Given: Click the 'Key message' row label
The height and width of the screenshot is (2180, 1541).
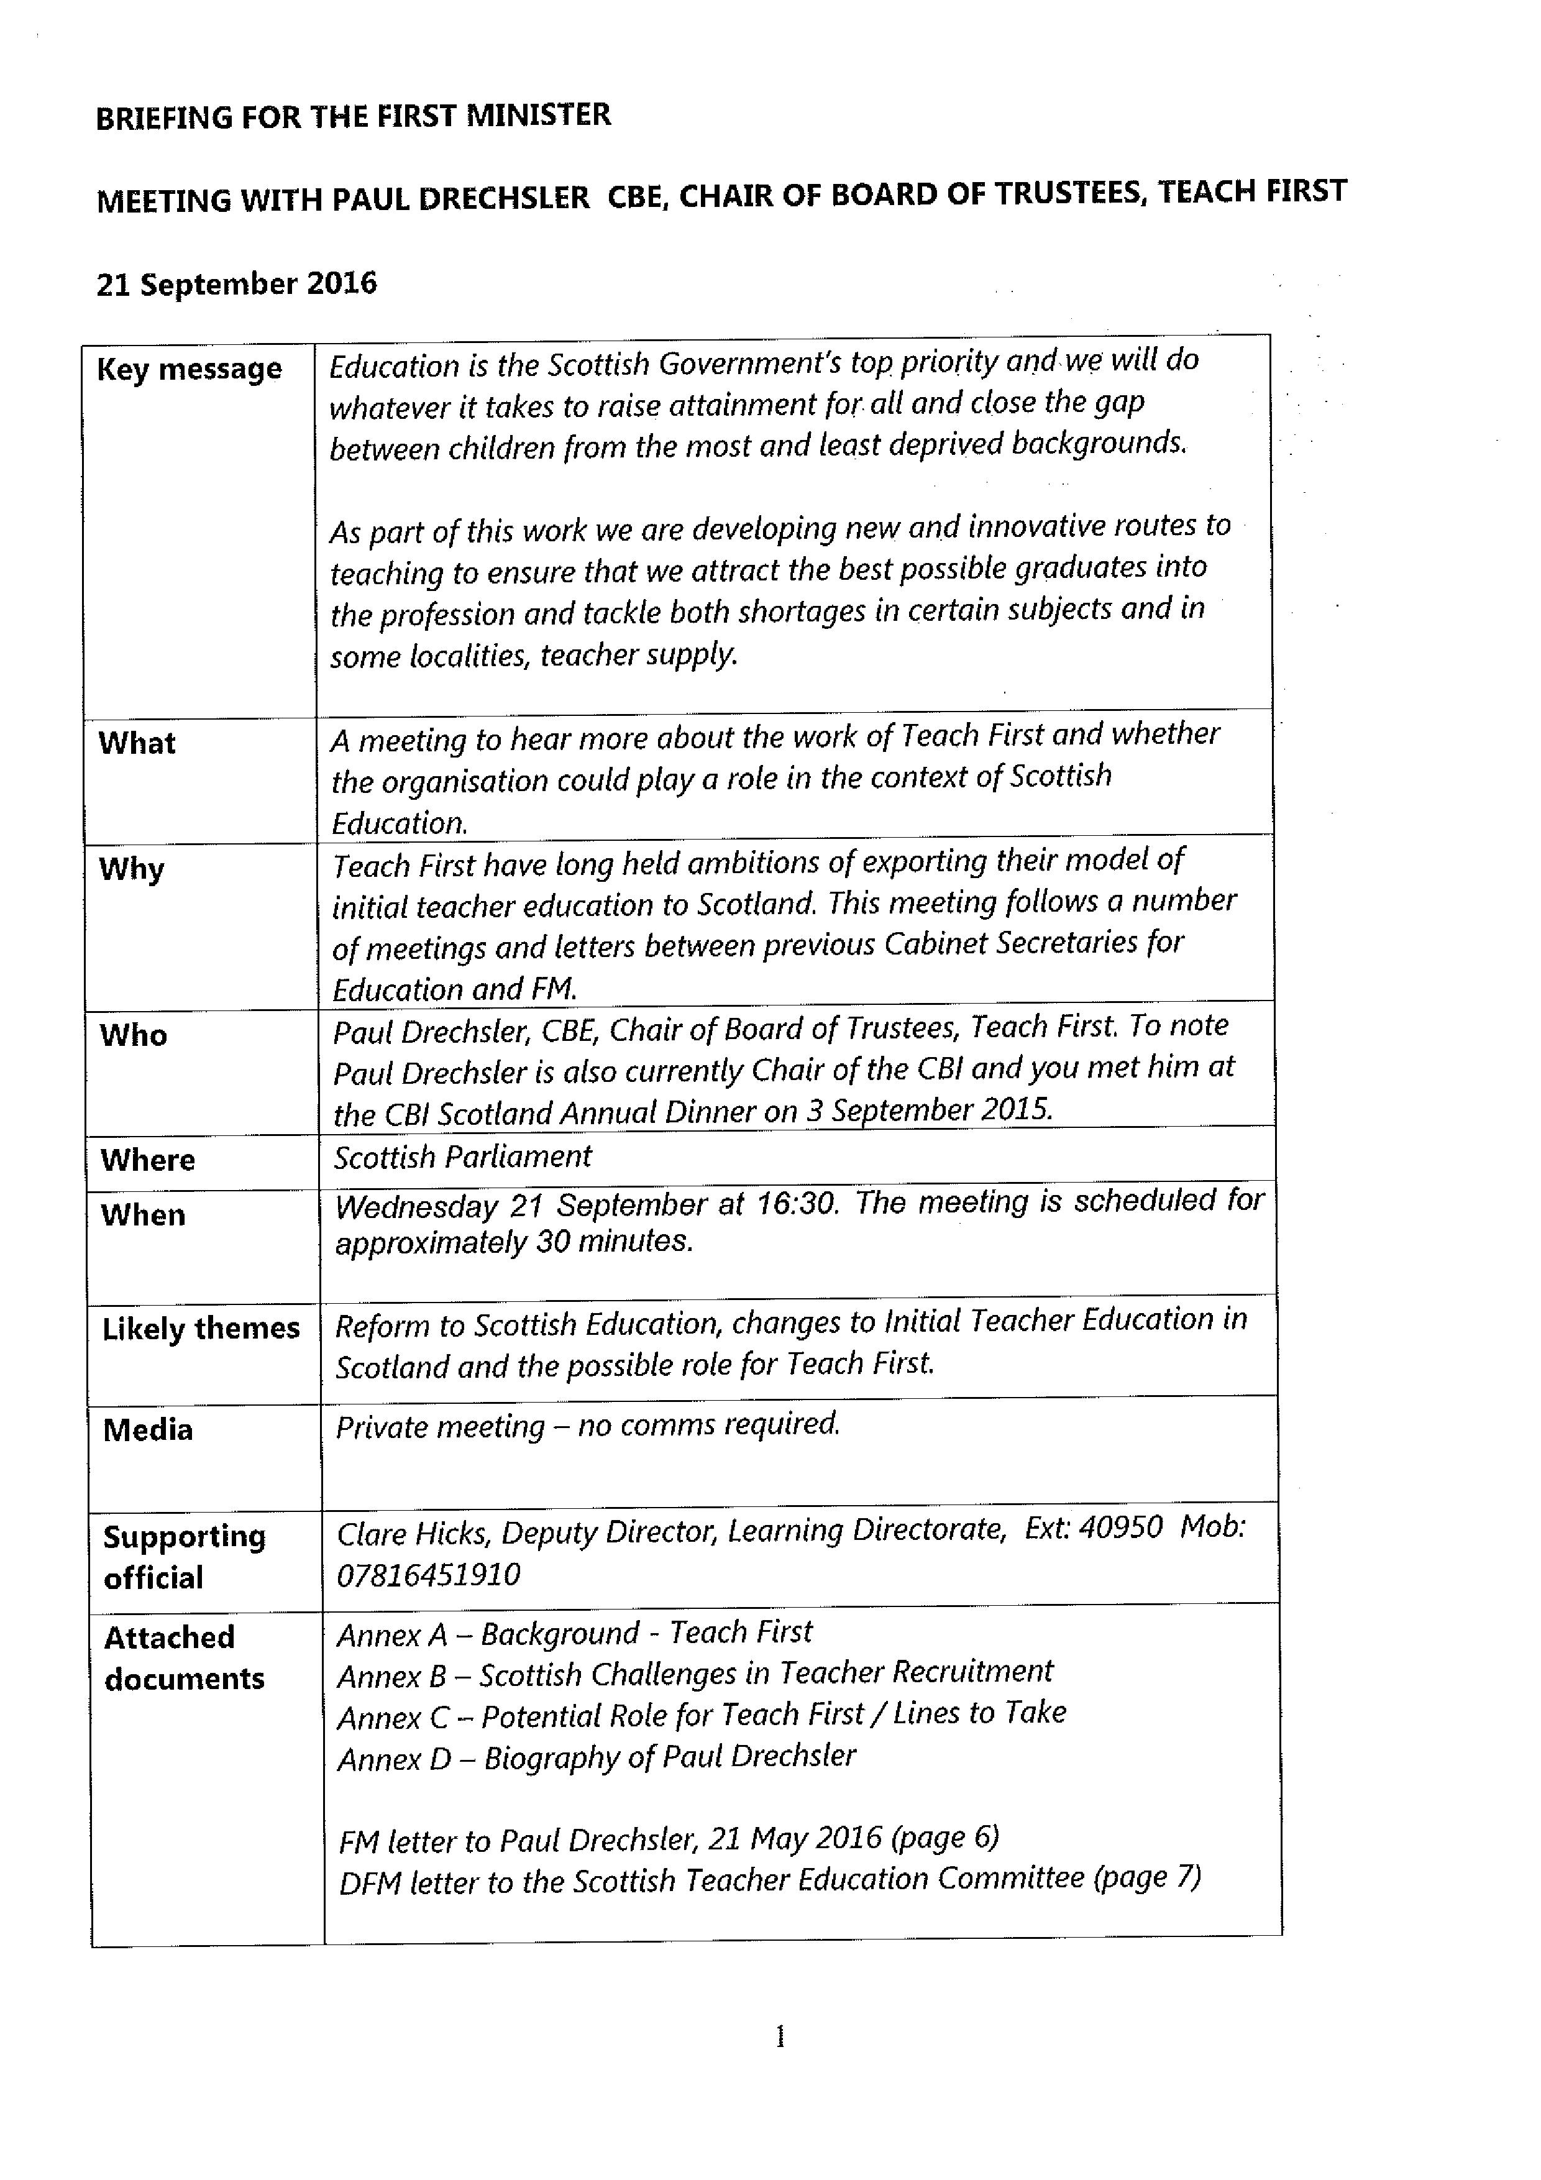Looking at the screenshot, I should coord(189,369).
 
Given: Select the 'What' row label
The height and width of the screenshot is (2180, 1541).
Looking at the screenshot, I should coord(137,743).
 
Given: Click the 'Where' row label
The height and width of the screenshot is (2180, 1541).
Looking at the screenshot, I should coord(148,1160).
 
